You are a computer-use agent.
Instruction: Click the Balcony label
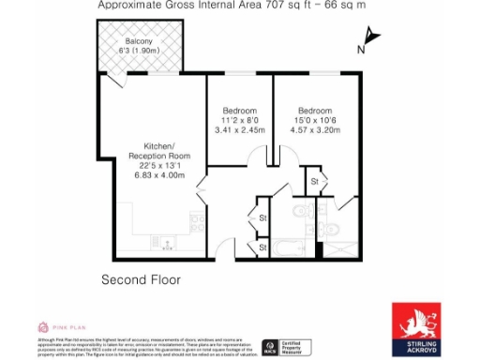tap(140, 40)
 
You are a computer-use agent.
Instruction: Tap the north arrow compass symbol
tap(372, 37)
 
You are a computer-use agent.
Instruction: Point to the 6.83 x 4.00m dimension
tap(159, 175)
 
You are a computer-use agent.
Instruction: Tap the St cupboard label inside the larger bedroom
tap(315, 180)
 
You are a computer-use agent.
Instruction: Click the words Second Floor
tap(141, 279)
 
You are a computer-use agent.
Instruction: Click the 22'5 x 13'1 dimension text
tap(159, 165)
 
